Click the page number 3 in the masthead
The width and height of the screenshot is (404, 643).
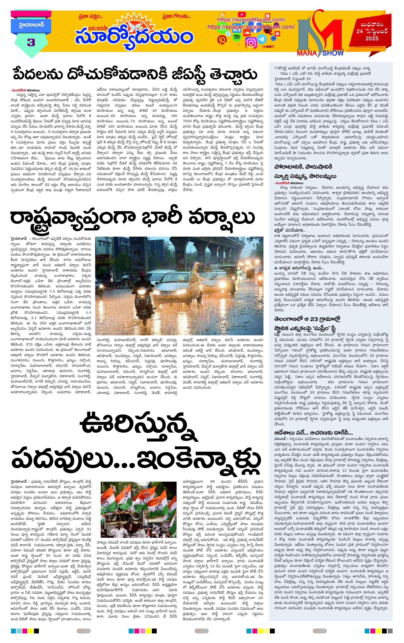point(31,43)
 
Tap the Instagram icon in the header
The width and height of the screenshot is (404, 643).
point(251,43)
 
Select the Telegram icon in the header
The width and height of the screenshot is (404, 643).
point(262,39)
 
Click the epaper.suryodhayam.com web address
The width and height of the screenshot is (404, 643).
point(251,27)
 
